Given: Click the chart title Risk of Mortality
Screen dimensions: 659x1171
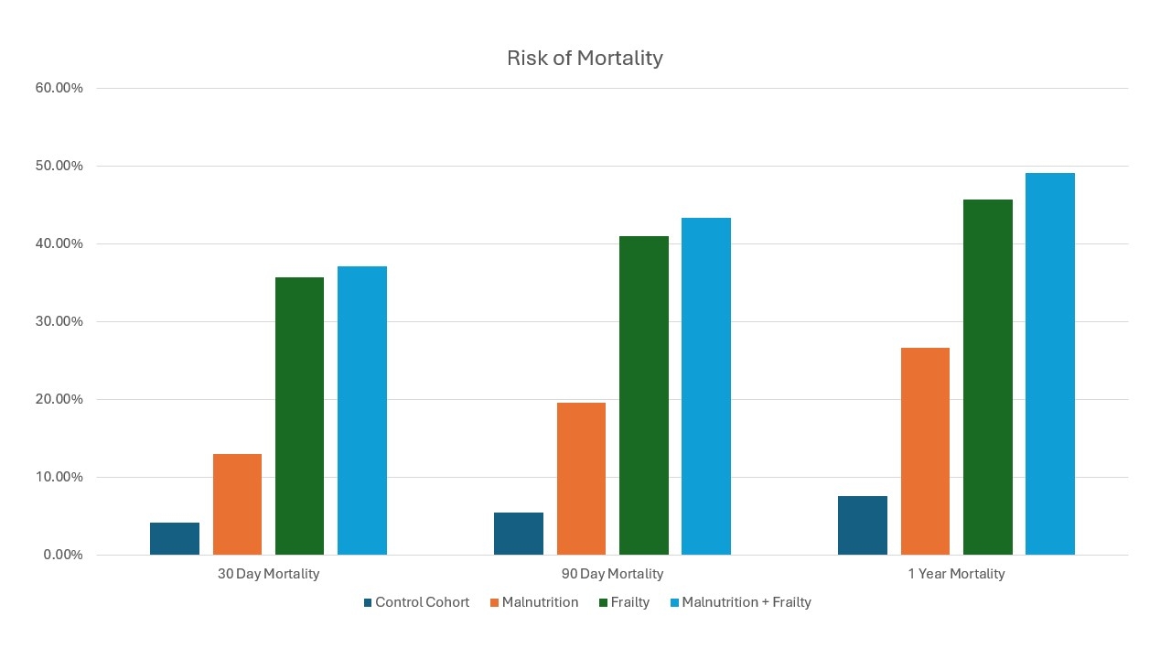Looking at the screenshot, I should click(x=585, y=58).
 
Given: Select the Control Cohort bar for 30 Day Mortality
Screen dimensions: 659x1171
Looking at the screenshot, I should click(x=175, y=538).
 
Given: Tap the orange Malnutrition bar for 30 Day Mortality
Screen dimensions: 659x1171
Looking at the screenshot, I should click(x=237, y=504).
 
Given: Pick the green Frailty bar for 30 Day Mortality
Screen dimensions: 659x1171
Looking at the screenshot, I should click(x=299, y=416).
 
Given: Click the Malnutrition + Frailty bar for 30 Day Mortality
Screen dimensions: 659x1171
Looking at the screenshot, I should click(x=362, y=411).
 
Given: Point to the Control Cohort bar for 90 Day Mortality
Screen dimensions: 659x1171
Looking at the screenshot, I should click(x=519, y=534).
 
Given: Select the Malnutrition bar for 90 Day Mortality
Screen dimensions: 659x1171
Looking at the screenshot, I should click(x=581, y=479).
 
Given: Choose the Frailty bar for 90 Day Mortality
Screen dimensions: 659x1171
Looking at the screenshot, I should click(x=643, y=395).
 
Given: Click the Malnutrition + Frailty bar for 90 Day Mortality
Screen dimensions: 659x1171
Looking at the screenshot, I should click(x=706, y=386).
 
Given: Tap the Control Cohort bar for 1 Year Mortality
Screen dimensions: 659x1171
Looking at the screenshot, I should click(x=863, y=525).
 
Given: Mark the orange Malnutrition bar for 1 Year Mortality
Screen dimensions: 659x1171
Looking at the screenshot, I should click(x=925, y=451).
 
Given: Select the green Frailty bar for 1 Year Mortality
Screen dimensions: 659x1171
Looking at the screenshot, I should click(x=987, y=377).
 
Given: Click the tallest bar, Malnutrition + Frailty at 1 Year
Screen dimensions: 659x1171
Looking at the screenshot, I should click(x=1050, y=364).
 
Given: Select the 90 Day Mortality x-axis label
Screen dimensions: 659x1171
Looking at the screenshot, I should click(x=612, y=574).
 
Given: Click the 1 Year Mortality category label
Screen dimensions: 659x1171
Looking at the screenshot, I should click(x=956, y=574).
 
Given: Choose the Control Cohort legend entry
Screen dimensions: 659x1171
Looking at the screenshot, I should click(x=416, y=602).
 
